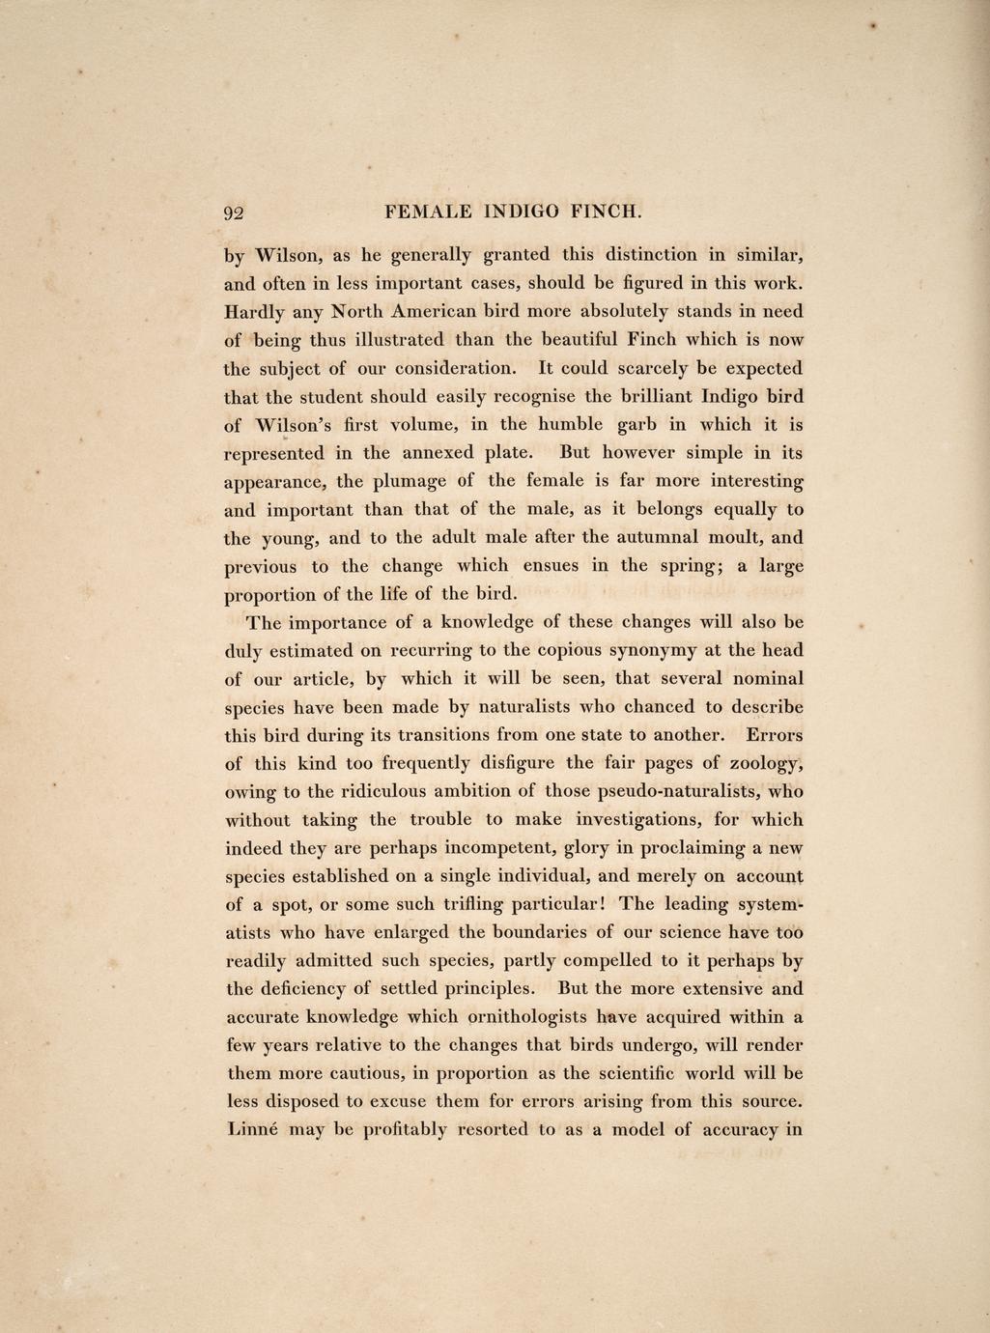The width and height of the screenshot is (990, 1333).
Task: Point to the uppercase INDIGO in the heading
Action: [x=524, y=212]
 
